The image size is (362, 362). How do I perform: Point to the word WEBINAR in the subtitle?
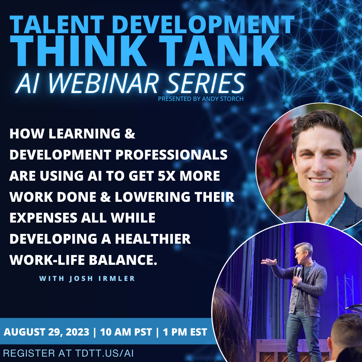click(104, 83)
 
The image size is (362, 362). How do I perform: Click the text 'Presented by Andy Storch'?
click(201, 99)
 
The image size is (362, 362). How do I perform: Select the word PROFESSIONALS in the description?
click(171, 155)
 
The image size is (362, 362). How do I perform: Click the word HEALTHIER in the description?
click(153, 239)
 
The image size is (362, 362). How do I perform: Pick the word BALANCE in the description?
click(121, 260)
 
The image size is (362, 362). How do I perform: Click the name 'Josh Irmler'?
click(102, 279)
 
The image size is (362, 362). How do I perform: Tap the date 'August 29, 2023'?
click(46, 332)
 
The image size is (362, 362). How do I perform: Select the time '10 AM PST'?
click(126, 332)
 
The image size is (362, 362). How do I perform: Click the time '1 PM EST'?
click(185, 332)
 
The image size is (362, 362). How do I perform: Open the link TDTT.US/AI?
click(104, 353)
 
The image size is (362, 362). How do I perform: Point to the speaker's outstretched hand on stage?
click(268, 262)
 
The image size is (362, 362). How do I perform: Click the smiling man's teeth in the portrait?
click(319, 180)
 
